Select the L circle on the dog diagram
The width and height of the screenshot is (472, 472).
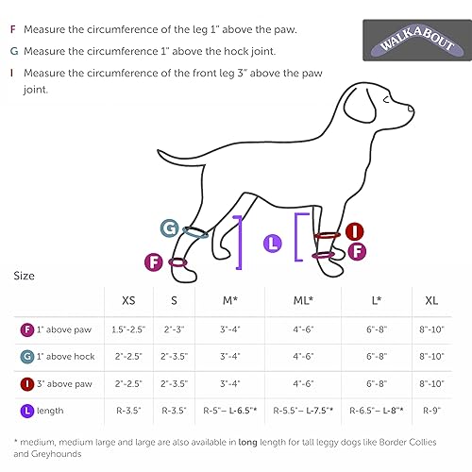click(274, 244)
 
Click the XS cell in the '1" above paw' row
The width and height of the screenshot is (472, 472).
click(129, 330)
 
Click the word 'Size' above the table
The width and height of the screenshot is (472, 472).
click(25, 277)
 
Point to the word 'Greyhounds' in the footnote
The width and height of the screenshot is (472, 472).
click(44, 455)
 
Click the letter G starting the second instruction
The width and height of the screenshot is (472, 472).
click(12, 51)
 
